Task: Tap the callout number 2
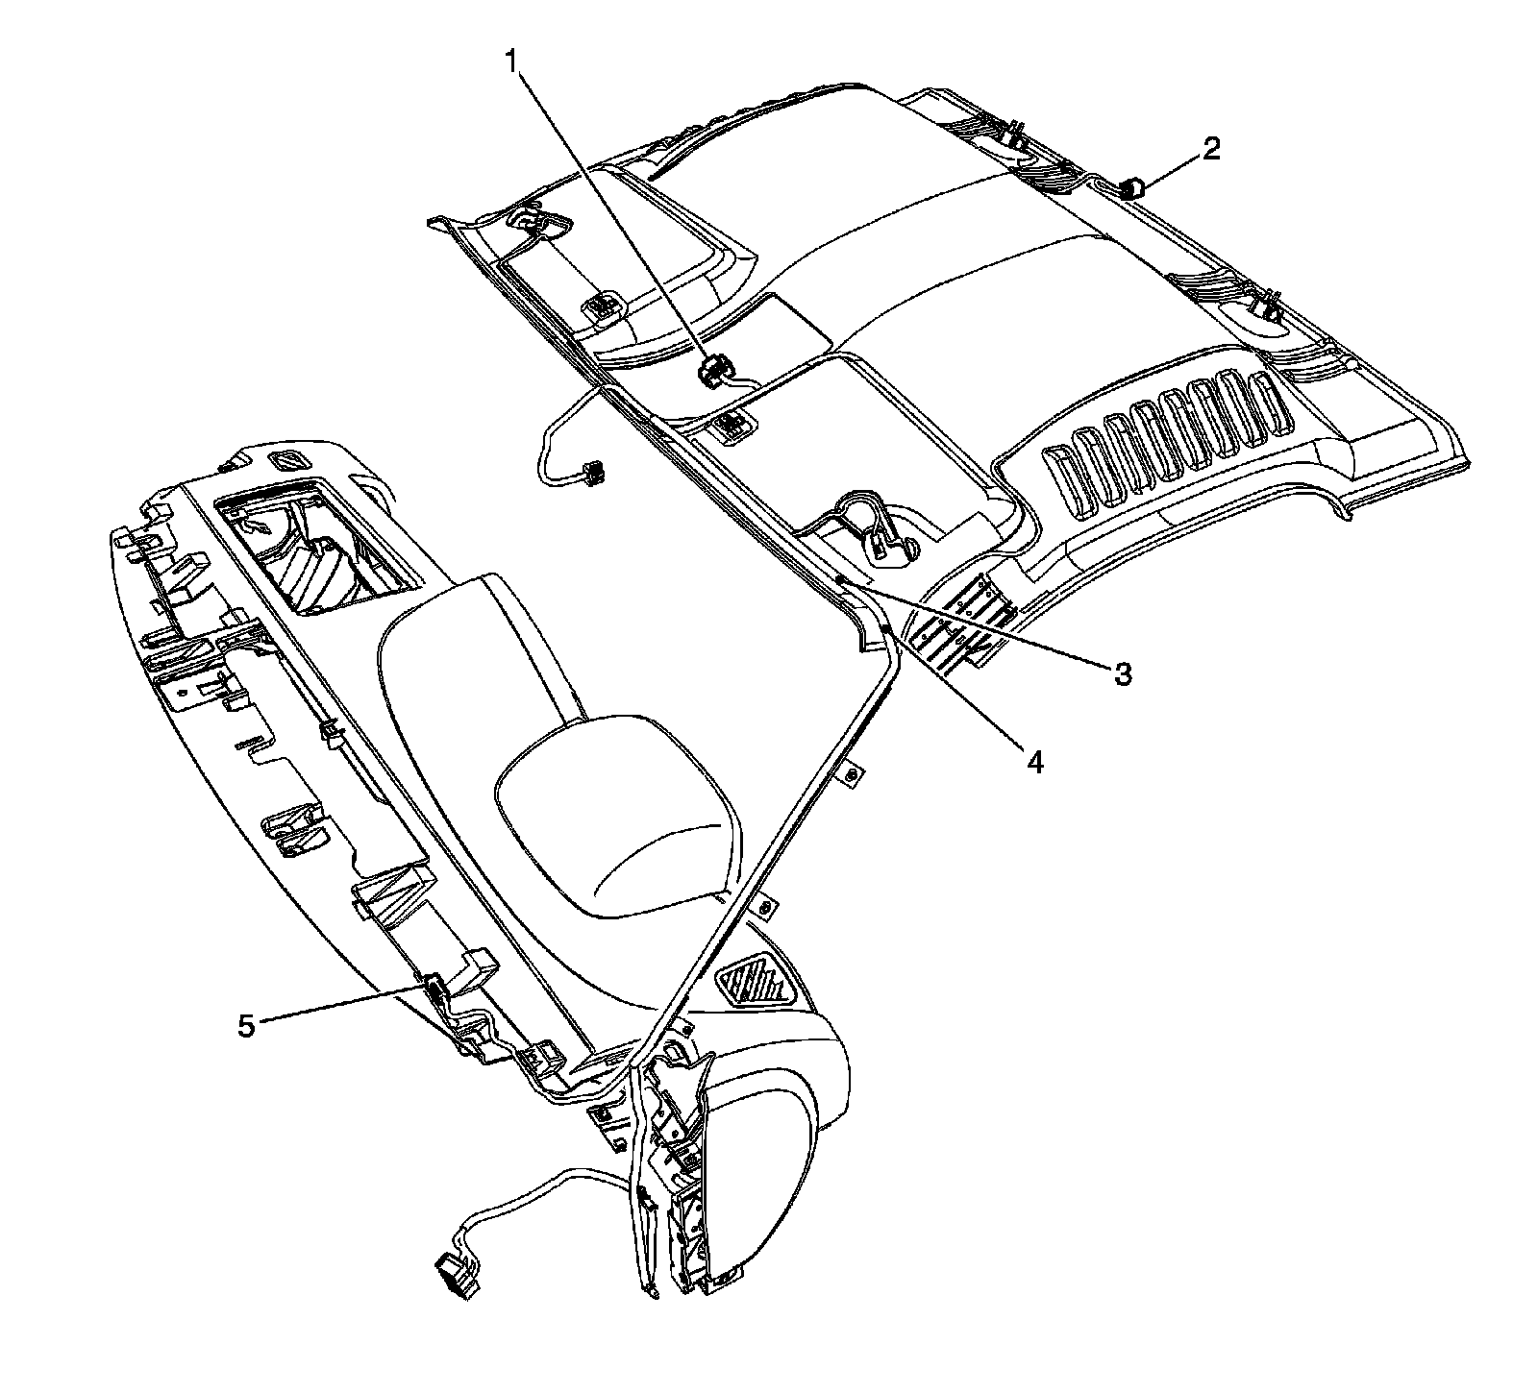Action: point(1209,149)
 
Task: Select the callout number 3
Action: point(1122,673)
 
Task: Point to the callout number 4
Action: point(1033,762)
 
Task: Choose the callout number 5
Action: point(246,1026)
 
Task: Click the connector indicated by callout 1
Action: point(712,371)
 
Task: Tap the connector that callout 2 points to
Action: point(1134,187)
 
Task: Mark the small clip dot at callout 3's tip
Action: point(839,580)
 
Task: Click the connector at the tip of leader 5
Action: point(434,986)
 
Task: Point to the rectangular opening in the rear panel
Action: point(317,552)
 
